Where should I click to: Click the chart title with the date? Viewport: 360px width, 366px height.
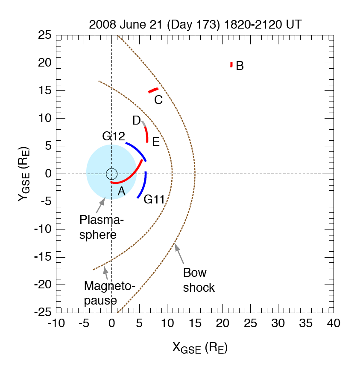(195, 24)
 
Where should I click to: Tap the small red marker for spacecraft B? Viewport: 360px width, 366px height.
(231, 65)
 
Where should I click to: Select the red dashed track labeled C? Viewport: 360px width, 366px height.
(153, 90)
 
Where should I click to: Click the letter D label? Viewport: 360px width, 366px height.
(137, 121)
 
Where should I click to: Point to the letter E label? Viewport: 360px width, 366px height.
(156, 142)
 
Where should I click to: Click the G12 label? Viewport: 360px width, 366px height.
(113, 137)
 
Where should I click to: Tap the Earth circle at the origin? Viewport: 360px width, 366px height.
(111, 174)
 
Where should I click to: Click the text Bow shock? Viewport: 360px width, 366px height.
(199, 280)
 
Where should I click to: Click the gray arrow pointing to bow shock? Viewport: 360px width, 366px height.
(179, 253)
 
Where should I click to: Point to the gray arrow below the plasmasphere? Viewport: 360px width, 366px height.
(100, 206)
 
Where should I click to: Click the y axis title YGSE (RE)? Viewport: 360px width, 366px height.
(25, 174)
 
